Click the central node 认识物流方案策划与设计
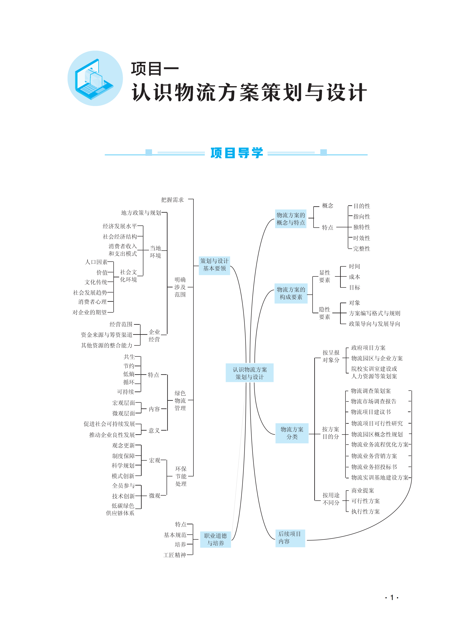(x=249, y=373)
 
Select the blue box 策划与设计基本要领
(x=214, y=265)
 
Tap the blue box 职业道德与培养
(x=216, y=539)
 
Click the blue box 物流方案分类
(x=292, y=433)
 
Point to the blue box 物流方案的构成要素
(x=291, y=293)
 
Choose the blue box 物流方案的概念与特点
(x=290, y=219)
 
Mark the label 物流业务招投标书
(x=374, y=467)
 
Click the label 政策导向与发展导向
(x=374, y=324)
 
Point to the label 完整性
(x=362, y=249)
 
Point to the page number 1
(x=392, y=598)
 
